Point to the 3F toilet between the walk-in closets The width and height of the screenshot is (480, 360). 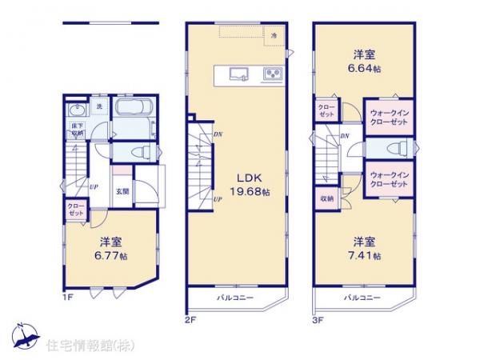394,150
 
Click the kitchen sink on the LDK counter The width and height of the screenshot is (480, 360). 239,75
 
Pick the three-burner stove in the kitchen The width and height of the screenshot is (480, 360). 271,75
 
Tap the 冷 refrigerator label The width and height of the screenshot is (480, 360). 274,37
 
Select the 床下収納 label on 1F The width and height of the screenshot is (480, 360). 74,130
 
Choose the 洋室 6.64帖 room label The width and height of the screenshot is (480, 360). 365,62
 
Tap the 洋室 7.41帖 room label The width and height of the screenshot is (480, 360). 365,249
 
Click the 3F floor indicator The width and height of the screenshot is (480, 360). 318,318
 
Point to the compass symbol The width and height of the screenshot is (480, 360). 22,335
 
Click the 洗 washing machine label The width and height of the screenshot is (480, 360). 100,106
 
